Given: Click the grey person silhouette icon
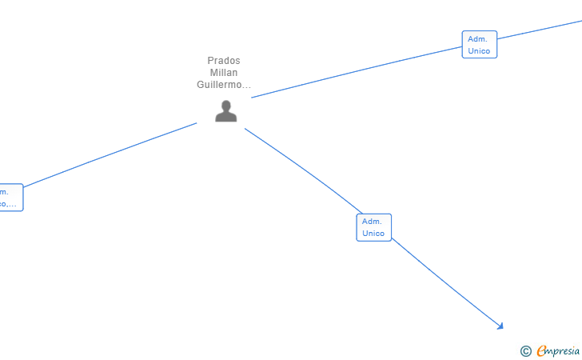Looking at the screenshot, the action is tap(226, 111).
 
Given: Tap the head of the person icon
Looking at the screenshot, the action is tap(226, 105).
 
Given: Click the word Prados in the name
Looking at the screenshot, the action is tap(224, 61).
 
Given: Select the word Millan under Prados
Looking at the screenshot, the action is tap(224, 73).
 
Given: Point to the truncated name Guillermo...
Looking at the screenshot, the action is tap(224, 85).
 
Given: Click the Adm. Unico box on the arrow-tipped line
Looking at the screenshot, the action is tap(373, 227).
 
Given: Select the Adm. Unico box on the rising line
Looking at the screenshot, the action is tap(479, 45).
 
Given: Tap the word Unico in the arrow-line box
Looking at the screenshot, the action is tap(373, 234).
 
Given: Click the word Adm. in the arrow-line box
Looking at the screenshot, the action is tap(372, 221).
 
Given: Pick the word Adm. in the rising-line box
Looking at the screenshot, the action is tap(477, 38).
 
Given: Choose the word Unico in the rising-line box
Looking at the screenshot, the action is tap(479, 51).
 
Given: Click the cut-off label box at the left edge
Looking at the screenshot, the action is tap(10, 198).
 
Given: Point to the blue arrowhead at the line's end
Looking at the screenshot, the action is tap(500, 326).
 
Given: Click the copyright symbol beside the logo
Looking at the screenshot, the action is tap(525, 350).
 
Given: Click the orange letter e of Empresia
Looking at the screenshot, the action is tap(541, 350).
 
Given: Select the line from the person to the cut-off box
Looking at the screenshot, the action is tap(112, 154).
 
